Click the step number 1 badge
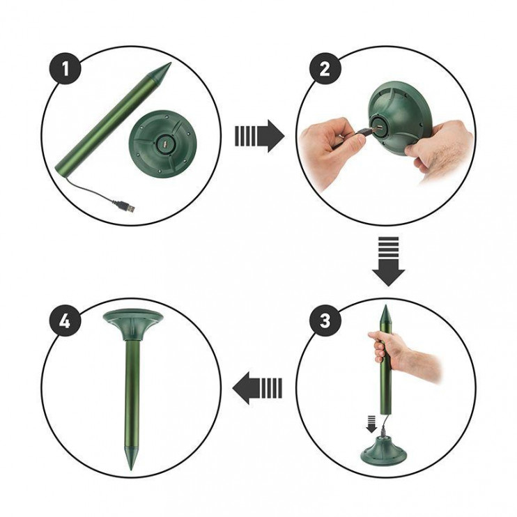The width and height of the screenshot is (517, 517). click(x=65, y=68)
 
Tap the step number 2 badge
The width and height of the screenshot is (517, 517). click(x=325, y=68)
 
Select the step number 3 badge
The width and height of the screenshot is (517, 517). click(x=325, y=320)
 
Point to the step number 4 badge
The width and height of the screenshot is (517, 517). click(x=65, y=320)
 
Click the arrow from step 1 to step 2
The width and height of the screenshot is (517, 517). click(x=259, y=136)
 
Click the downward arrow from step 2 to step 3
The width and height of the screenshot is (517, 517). click(x=388, y=261)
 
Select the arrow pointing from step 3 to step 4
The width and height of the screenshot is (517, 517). click(x=257, y=387)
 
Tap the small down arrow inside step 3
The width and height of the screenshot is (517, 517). click(x=371, y=424)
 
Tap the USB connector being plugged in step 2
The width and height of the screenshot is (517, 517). click(x=365, y=131)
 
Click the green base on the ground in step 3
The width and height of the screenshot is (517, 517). click(x=383, y=450)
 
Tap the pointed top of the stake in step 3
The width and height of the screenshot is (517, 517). click(x=385, y=306)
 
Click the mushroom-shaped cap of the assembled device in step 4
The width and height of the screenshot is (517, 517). click(x=133, y=325)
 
